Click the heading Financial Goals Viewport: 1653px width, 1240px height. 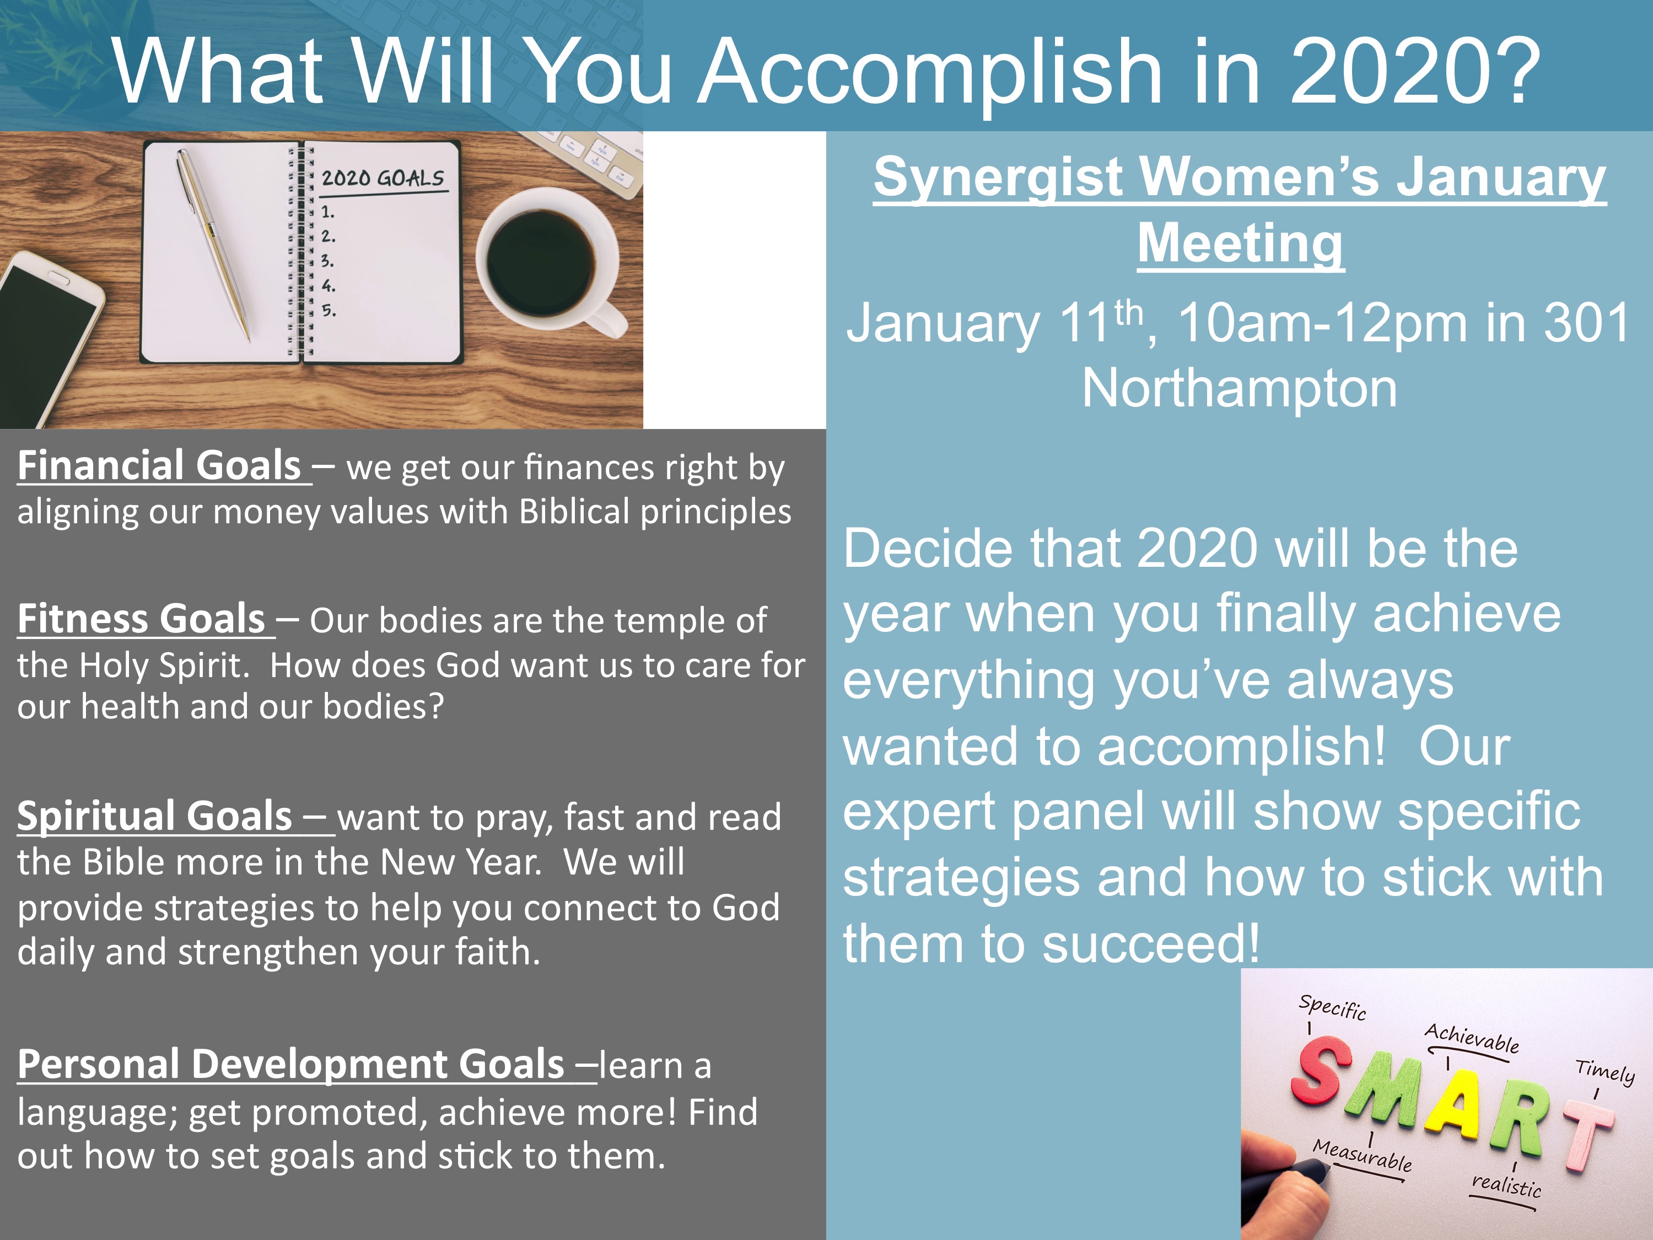[x=158, y=466]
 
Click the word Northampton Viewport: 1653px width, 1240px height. [x=1240, y=389]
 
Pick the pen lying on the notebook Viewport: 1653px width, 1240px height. [x=213, y=243]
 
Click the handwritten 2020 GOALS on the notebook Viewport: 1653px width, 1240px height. [x=383, y=178]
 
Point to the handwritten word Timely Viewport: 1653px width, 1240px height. [x=1605, y=1070]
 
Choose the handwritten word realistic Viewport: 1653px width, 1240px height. [x=1506, y=1185]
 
